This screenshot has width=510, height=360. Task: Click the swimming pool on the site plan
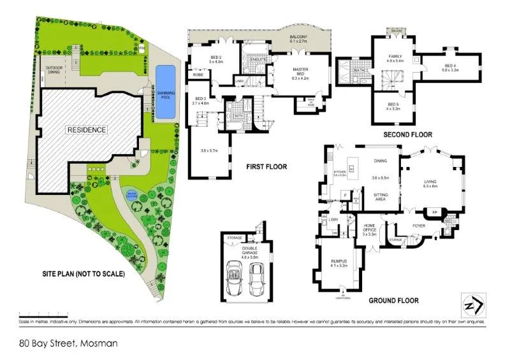165,92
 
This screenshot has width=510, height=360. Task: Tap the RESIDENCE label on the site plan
87,129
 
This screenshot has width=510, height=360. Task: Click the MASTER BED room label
300,71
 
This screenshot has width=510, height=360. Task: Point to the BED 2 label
217,59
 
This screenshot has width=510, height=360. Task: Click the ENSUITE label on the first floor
258,59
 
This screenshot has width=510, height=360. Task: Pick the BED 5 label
393,106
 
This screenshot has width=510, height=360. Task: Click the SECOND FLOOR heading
407,135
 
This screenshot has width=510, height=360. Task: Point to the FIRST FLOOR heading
266,167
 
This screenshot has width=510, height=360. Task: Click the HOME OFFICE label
369,229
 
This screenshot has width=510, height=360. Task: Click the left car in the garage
235,279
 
